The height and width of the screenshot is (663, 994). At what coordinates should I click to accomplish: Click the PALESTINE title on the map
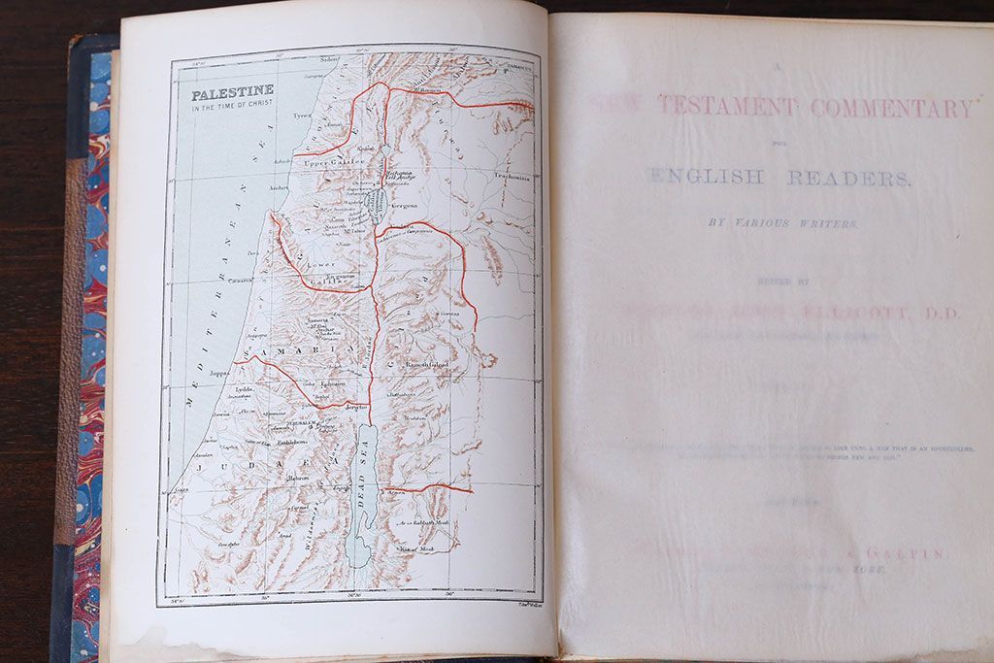(x=232, y=93)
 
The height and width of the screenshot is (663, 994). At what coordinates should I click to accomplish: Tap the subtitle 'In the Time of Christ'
(x=232, y=108)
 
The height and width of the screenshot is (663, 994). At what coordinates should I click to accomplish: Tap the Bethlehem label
(x=292, y=443)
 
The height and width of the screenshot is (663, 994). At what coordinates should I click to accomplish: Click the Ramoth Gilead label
(x=431, y=363)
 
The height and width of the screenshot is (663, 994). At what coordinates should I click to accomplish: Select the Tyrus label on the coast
(x=302, y=115)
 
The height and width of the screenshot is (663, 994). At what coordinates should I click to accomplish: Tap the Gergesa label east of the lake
(x=403, y=206)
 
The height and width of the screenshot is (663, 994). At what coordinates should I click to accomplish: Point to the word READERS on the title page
(x=848, y=178)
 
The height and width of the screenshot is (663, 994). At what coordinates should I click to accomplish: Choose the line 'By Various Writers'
(x=782, y=223)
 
